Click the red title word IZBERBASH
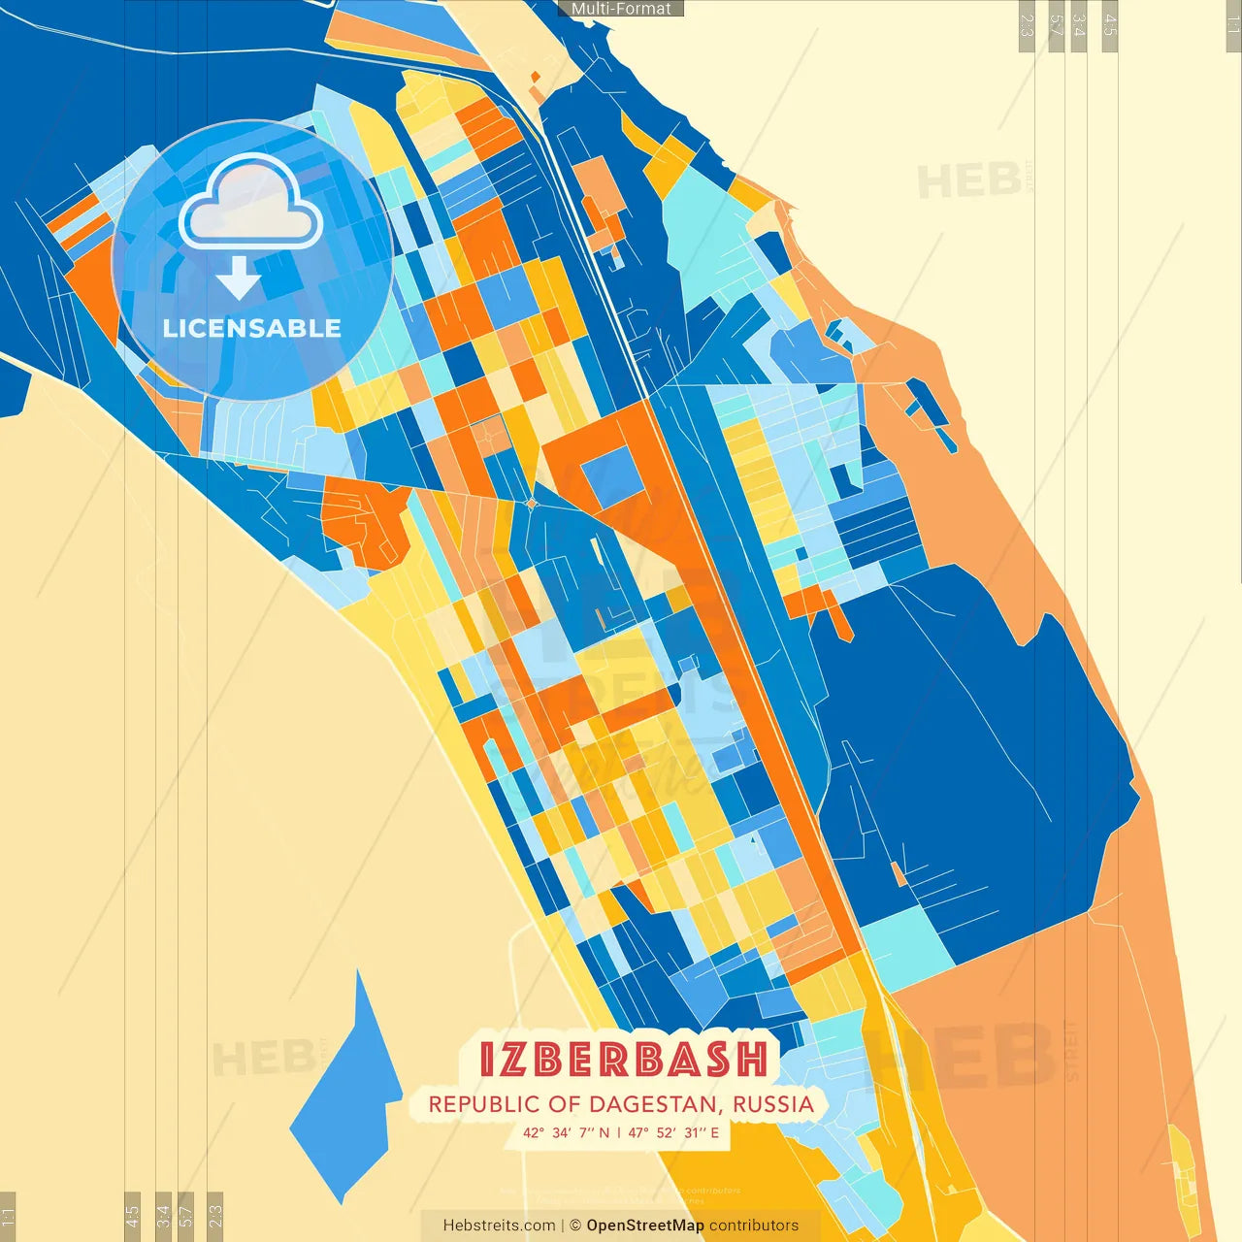[624, 1060]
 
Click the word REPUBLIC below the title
[476, 1104]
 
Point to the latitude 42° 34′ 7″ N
[566, 1132]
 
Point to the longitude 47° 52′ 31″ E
[673, 1132]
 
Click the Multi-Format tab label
[621, 9]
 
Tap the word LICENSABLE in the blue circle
[252, 328]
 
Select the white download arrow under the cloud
[239, 279]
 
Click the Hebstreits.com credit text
[499, 1226]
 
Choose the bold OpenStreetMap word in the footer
[645, 1226]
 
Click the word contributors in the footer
[754, 1226]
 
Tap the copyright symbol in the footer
[575, 1226]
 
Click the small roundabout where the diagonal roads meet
[530, 503]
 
